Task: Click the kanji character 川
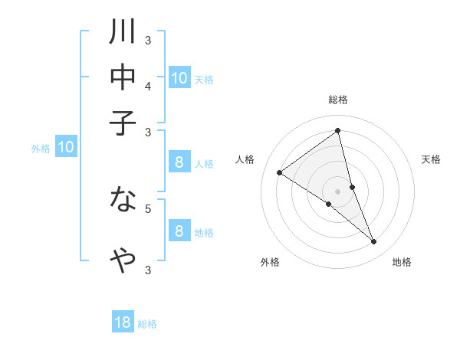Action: point(123,33)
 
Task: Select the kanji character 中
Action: point(123,78)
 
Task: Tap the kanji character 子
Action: point(123,123)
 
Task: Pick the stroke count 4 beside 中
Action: point(148,86)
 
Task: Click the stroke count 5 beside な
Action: point(148,208)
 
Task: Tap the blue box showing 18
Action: point(123,322)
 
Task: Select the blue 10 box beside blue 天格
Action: point(179,78)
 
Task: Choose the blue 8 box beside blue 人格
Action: point(179,162)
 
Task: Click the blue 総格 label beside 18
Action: point(147,324)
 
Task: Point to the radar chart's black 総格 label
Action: point(338,100)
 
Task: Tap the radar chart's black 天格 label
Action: point(432,159)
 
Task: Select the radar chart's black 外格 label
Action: point(270,262)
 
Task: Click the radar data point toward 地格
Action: point(374,242)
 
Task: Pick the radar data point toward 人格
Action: point(279,172)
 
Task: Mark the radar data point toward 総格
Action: point(338,131)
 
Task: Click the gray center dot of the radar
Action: point(338,191)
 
